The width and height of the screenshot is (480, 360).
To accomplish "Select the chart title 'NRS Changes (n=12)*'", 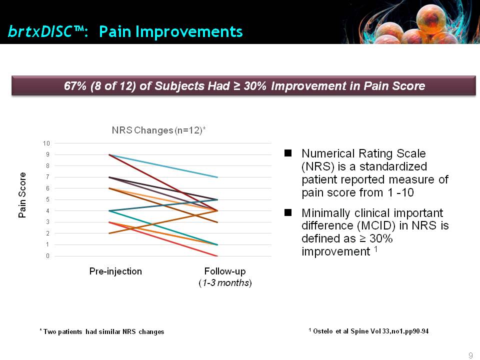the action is [158, 130].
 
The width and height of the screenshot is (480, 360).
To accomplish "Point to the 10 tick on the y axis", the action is [46, 143].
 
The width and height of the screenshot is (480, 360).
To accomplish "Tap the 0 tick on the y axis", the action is [48, 256].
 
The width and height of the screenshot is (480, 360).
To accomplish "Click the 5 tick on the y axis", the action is [48, 199].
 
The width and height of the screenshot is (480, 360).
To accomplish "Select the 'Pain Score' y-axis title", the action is [22, 195].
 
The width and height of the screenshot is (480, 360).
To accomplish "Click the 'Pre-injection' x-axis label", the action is [115, 271].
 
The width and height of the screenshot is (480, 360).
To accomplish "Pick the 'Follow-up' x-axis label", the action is [225, 271].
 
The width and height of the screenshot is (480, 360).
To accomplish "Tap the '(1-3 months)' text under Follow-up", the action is [225, 282].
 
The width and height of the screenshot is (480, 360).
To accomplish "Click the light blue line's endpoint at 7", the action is [217, 177].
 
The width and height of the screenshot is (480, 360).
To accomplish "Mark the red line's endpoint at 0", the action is [217, 256].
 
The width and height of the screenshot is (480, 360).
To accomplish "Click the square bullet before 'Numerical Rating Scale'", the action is [288, 153].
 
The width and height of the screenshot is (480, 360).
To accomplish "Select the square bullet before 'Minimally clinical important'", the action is [288, 212].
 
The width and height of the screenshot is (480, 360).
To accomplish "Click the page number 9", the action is [471, 355].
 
